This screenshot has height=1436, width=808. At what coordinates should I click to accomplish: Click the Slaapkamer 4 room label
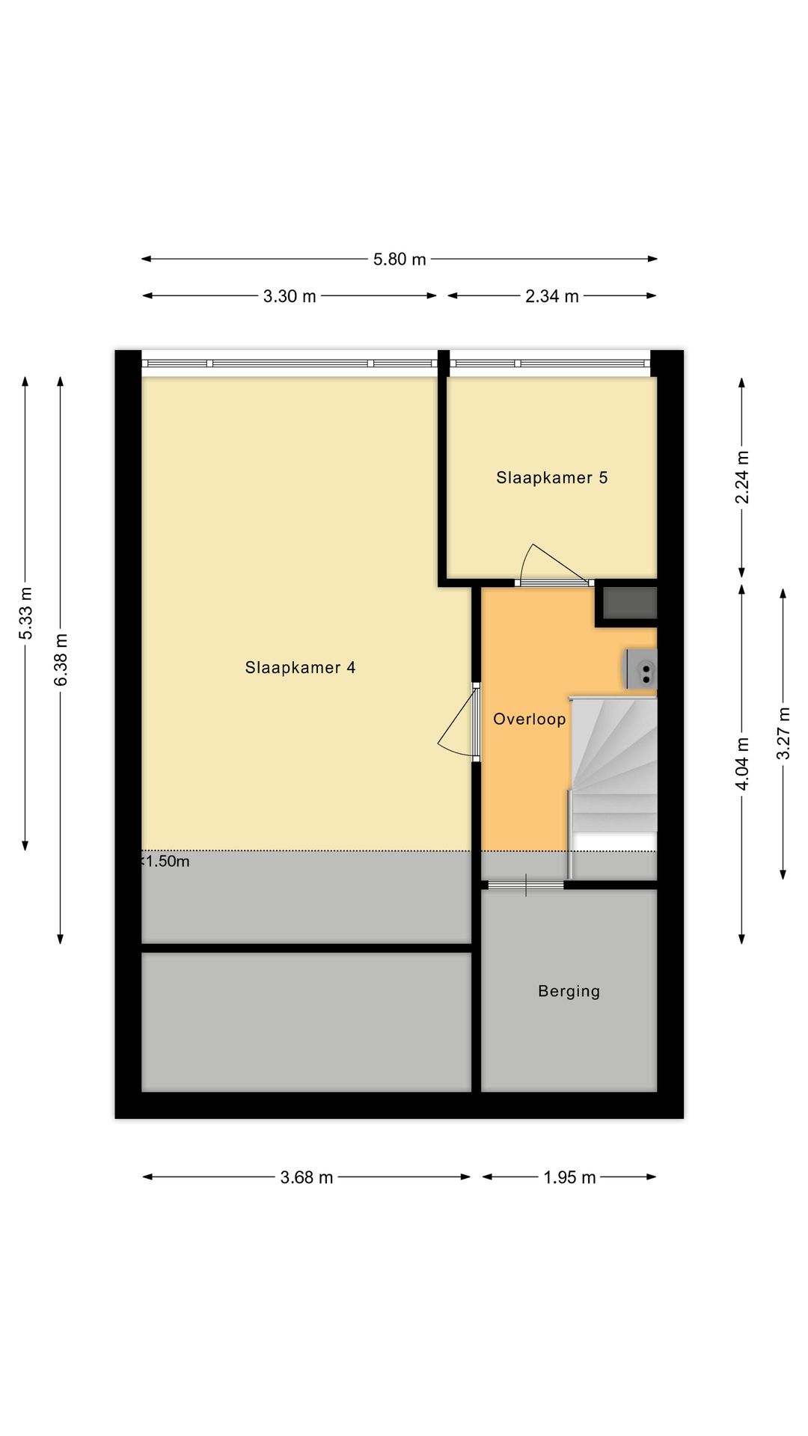300,667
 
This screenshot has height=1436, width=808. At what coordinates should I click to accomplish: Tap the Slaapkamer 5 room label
551,477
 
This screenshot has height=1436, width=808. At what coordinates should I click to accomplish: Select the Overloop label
529,719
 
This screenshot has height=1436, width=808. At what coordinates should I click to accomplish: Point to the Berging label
569,991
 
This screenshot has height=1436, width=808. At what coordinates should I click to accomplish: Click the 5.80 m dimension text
400,260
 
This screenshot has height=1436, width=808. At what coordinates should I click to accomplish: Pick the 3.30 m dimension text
290,296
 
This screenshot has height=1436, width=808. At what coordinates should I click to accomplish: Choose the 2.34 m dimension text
551,296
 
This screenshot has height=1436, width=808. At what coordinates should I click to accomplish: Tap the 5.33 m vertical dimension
25,613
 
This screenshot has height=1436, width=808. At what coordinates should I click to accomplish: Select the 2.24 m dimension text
741,477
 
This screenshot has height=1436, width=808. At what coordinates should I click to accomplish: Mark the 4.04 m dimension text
741,764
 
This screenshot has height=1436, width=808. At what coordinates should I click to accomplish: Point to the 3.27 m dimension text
783,733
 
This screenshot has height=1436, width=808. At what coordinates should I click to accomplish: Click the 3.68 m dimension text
306,1177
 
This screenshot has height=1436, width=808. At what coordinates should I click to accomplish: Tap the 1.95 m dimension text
569,1177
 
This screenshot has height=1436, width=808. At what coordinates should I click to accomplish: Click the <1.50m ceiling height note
165,862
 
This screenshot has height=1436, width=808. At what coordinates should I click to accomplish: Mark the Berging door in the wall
526,886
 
